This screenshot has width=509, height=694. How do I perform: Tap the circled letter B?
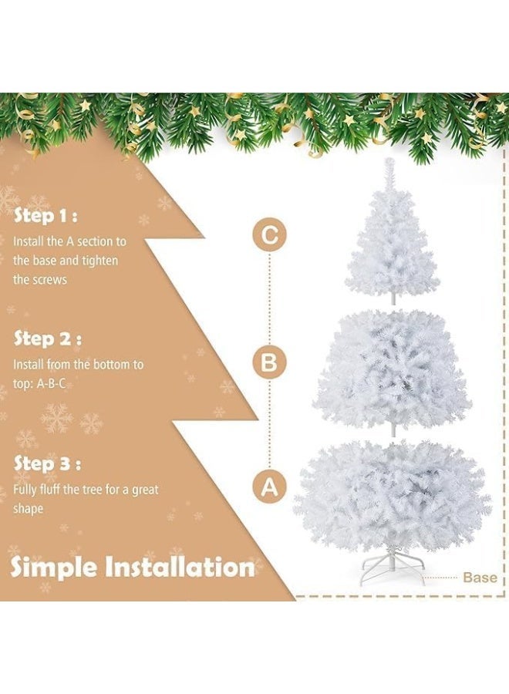pyautogui.click(x=268, y=362)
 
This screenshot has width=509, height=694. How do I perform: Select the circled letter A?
pyautogui.click(x=268, y=487)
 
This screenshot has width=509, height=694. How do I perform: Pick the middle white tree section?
pyautogui.click(x=392, y=370)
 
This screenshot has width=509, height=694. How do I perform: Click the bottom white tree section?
pyautogui.click(x=392, y=494)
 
